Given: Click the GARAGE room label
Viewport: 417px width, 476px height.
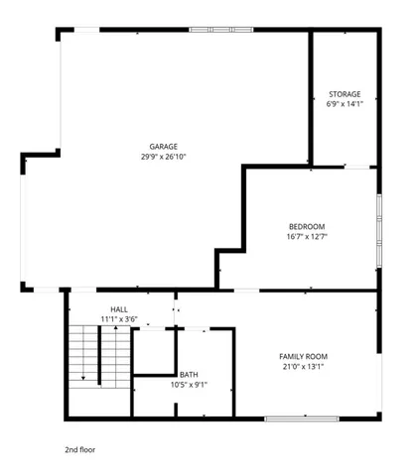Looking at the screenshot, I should click(x=164, y=146).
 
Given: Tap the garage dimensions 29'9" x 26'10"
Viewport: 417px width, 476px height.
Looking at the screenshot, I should click(x=164, y=156).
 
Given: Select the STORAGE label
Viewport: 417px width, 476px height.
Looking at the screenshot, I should click(x=345, y=94).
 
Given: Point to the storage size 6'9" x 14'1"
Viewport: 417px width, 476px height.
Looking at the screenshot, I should click(x=345, y=104).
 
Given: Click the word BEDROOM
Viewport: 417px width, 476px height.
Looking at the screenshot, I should click(x=307, y=226).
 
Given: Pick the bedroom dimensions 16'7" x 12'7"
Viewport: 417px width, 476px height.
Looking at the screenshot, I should click(x=307, y=236).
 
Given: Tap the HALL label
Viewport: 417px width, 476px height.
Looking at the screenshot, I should click(x=119, y=309).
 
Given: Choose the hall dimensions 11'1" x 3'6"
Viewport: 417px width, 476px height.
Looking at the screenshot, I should click(x=119, y=319).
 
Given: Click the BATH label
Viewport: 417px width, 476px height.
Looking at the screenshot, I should click(x=189, y=374).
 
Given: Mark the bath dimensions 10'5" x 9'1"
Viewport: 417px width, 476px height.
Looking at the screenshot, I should click(x=189, y=384).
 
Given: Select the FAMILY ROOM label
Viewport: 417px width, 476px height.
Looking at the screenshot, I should click(x=303, y=356).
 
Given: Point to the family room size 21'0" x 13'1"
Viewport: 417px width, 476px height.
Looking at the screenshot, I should click(x=303, y=366).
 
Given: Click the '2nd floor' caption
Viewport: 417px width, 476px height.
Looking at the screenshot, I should click(x=81, y=448).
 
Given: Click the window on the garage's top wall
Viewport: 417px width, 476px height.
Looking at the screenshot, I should click(x=220, y=30).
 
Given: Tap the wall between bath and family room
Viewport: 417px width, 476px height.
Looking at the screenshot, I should click(x=234, y=372).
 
